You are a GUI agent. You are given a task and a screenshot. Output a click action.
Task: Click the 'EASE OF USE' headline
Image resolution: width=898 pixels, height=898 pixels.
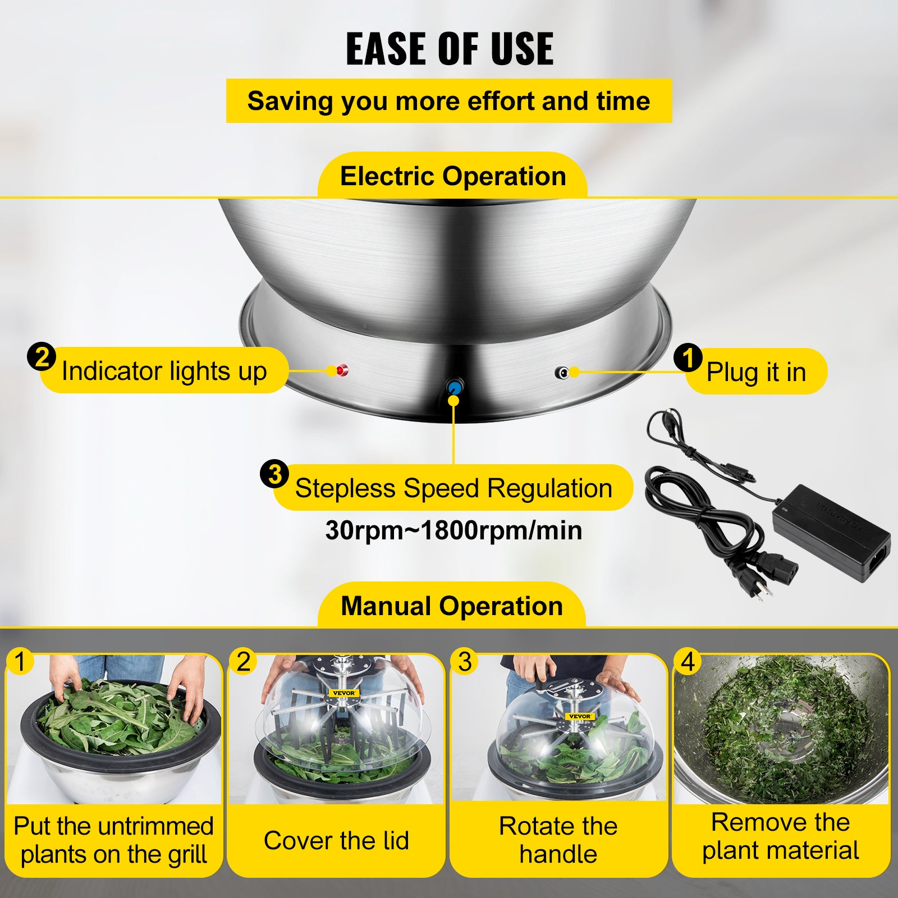(x=449, y=49)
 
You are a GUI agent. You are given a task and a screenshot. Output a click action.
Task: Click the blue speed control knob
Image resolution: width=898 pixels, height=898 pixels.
(x=454, y=387)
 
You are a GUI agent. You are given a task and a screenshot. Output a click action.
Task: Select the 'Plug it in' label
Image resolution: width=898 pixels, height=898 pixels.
(x=755, y=372)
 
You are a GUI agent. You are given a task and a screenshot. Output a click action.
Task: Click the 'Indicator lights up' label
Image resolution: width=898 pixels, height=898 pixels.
(x=164, y=371)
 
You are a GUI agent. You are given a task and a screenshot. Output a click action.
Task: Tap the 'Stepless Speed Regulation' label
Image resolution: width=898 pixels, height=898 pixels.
(x=453, y=488)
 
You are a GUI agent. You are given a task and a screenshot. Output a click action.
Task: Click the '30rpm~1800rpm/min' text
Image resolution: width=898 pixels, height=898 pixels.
(x=453, y=530)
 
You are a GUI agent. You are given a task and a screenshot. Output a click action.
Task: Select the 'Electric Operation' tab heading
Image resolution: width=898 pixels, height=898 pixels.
(x=452, y=176)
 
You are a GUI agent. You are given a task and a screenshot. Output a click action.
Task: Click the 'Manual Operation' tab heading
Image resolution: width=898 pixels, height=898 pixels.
(x=452, y=606)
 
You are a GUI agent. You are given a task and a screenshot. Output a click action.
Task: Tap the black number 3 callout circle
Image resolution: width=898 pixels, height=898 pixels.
(x=274, y=475)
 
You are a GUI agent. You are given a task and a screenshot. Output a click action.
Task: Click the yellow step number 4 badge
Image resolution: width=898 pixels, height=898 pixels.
(x=688, y=662)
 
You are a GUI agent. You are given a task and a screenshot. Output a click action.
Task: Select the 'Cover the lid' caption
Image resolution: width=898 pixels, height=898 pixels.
(x=336, y=840)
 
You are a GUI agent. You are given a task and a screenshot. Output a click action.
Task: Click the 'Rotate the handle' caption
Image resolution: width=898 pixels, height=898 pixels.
(x=558, y=840)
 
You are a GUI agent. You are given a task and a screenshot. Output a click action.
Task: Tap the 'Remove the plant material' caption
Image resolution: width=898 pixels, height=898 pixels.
(x=780, y=836)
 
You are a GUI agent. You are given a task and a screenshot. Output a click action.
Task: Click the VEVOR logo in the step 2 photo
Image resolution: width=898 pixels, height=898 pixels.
(x=343, y=693)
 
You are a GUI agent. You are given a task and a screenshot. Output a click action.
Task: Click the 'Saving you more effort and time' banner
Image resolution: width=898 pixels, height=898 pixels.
(x=448, y=101)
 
